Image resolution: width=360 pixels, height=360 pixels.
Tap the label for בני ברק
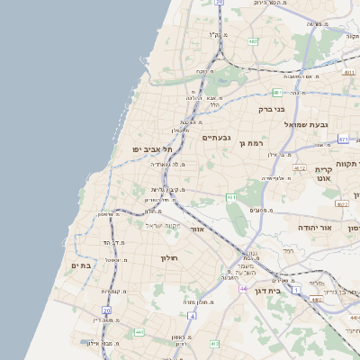coord(271,109)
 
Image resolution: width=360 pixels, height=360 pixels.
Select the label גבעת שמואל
coord(305,124)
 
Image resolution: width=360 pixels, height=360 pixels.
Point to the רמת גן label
coord(249,142)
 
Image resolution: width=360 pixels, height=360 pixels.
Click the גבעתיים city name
coord(216,137)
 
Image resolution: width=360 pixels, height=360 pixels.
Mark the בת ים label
coord(82,265)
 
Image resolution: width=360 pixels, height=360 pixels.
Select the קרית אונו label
coord(326,174)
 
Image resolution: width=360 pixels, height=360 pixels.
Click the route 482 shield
coord(254,41)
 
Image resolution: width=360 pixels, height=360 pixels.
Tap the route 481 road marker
coord(277,92)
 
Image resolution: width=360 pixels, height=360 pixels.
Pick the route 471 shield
coord(343,139)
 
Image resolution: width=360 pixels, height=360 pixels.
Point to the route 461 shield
coord(231,197)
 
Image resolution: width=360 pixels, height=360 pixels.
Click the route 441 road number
coord(139,332)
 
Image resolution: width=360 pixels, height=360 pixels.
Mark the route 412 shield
coord(213,344)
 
